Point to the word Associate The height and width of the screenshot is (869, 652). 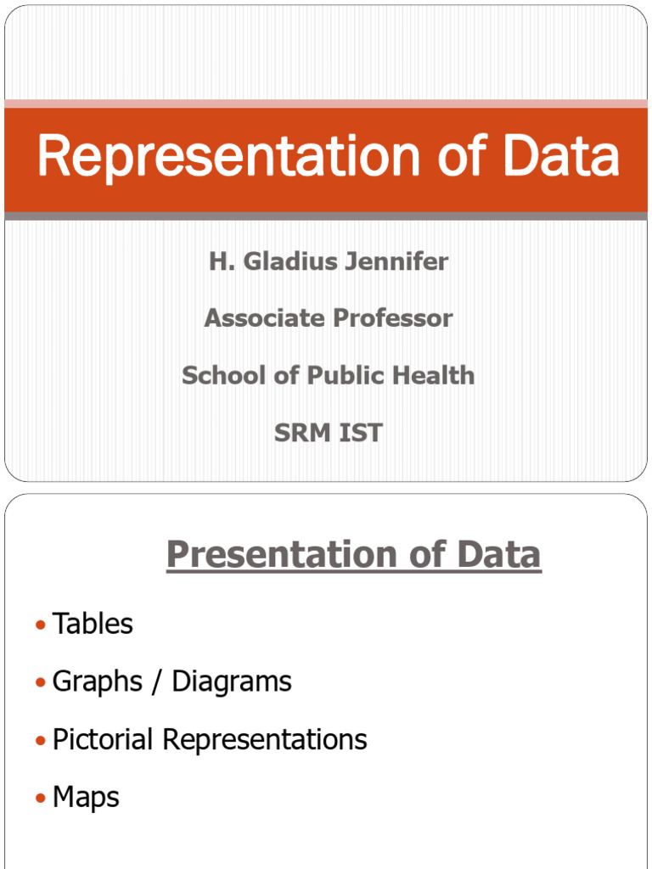tap(264, 318)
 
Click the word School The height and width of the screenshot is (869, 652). tap(223, 375)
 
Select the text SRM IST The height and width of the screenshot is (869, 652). tap(328, 433)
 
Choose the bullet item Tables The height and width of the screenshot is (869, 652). tap(93, 625)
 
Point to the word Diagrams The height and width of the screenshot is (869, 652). tap(232, 682)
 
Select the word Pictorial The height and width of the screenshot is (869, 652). tap(104, 739)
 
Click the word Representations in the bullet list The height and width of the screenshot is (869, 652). tap(265, 739)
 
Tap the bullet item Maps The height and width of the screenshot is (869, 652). tap(86, 798)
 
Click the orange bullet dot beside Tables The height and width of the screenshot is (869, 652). tap(40, 625)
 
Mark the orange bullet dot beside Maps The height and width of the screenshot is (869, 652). tap(40, 799)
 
